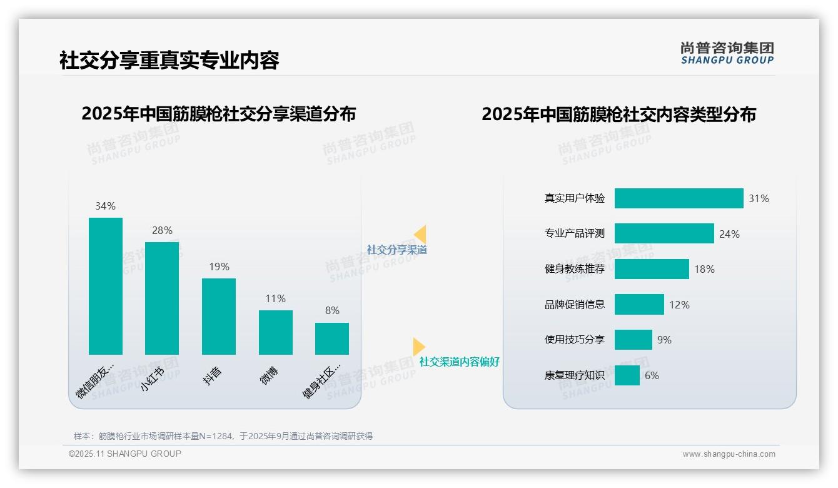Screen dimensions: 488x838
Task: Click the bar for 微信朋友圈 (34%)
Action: point(106,286)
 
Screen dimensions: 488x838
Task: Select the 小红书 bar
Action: point(162,298)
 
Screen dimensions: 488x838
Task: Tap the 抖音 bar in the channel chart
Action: point(219,317)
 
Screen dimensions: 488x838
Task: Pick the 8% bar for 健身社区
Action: point(332,338)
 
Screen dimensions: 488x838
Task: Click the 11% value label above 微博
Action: point(275,298)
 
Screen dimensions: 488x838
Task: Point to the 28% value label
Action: point(162,230)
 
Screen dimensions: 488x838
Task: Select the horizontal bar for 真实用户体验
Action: point(679,198)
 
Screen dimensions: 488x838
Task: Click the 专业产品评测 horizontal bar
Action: point(664,233)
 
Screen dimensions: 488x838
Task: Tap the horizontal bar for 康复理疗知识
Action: point(627,375)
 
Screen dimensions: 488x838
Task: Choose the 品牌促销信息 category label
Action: point(575,305)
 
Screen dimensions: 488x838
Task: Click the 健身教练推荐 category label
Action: point(575,269)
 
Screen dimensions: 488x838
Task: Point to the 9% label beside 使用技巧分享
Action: point(664,340)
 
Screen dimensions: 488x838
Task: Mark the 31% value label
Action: point(759,198)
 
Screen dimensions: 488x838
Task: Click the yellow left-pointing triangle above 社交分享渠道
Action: point(420,234)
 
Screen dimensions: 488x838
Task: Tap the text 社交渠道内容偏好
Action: point(460,362)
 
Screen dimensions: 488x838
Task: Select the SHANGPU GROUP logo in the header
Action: point(727,53)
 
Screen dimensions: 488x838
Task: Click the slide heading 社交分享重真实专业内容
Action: point(169,60)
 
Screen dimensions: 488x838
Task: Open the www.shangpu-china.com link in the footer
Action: point(729,454)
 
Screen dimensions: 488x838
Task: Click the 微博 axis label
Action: point(270,375)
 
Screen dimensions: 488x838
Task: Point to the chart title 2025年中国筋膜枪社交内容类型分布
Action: point(618,114)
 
